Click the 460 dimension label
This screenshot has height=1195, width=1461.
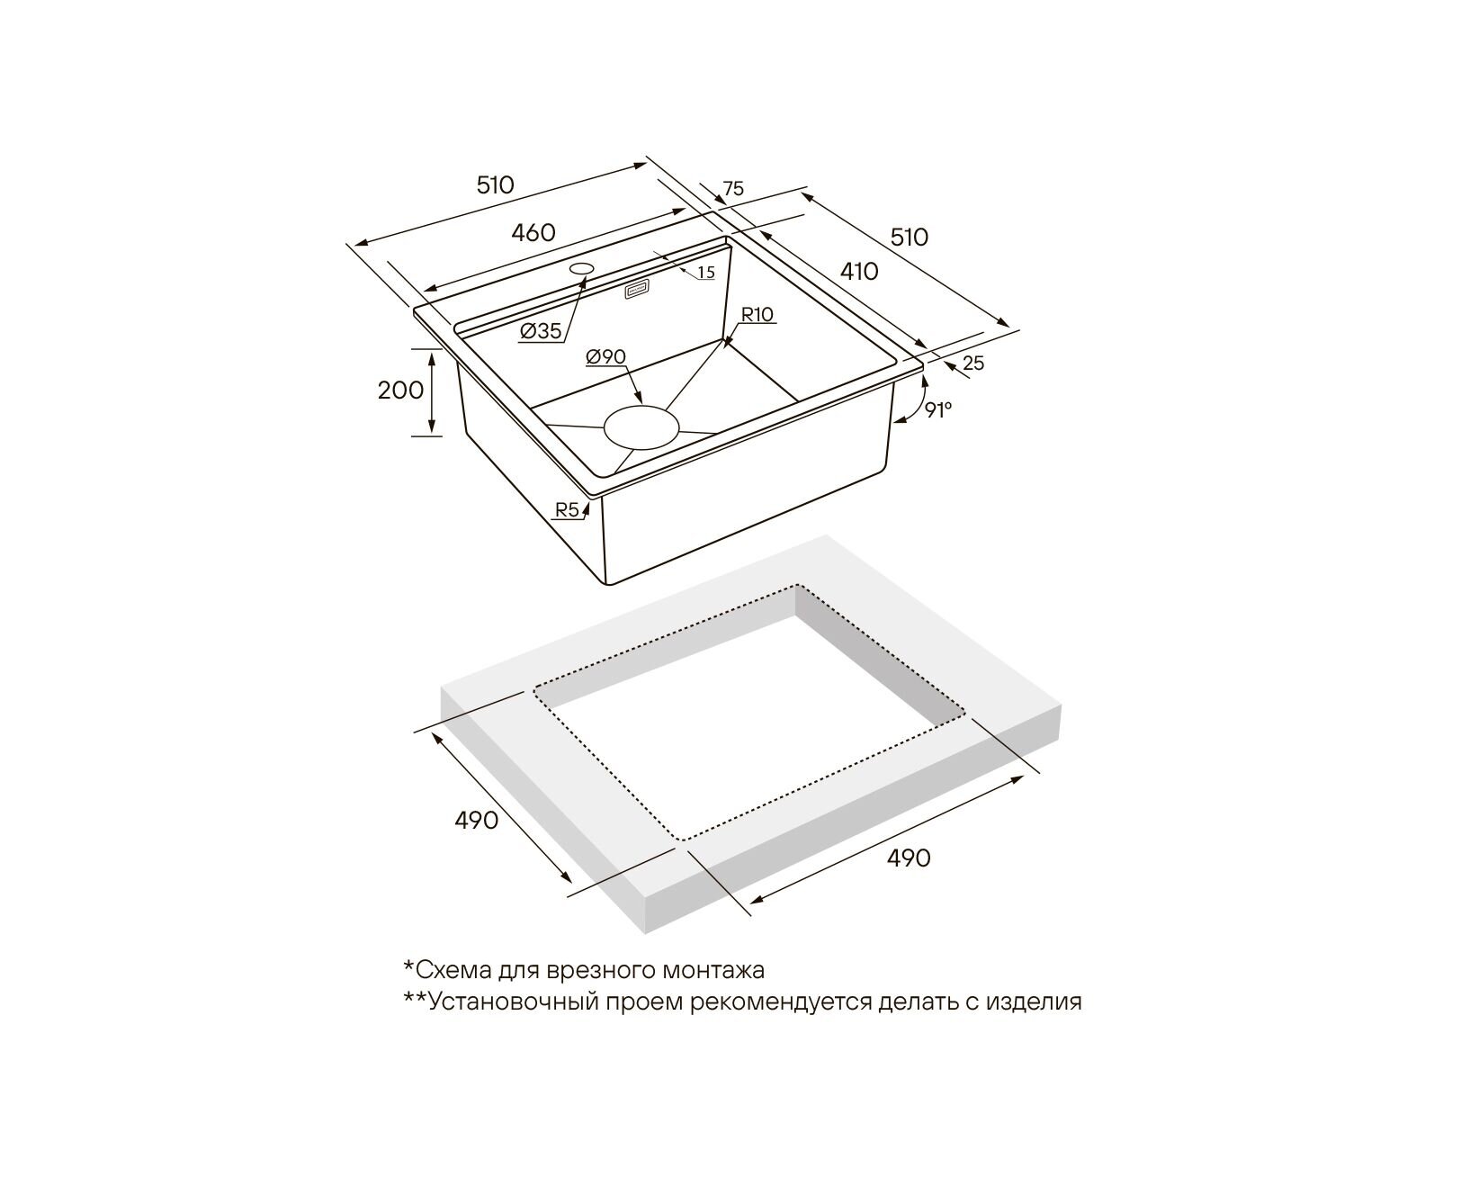pos(533,232)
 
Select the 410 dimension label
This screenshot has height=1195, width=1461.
pos(859,271)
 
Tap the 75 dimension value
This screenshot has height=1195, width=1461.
pos(733,189)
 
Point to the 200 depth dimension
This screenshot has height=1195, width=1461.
pos(401,391)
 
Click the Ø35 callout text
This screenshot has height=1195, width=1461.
pos(540,331)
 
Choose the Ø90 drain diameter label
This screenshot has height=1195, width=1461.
pos(605,357)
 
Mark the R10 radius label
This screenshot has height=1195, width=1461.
pos(757,315)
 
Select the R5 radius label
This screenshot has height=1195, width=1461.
pos(567,510)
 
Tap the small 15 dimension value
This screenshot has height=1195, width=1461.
pos(705,273)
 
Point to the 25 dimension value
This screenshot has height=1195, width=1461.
pos(973,364)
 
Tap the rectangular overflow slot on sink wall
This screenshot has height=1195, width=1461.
pos(637,290)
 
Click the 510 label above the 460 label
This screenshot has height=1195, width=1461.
pos(495,185)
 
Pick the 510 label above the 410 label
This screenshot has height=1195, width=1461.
pos(910,238)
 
